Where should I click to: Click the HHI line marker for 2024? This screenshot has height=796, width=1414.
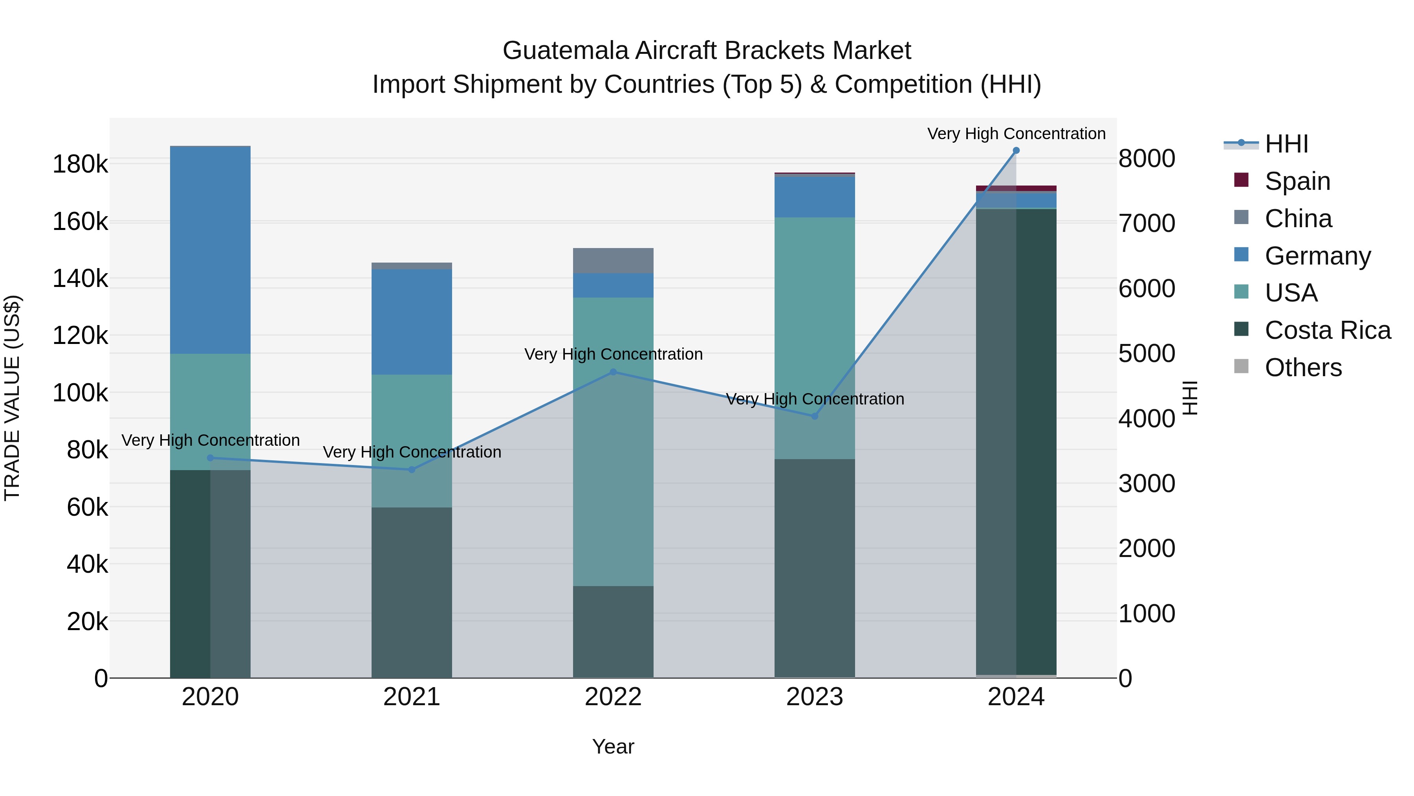point(1016,151)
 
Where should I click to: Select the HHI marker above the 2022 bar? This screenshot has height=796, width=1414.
point(613,372)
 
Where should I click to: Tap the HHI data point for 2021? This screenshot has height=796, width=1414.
point(412,470)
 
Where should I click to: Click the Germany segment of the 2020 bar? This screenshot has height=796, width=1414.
point(210,250)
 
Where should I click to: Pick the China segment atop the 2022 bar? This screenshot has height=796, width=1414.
point(613,260)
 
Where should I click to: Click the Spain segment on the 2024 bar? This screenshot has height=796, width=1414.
point(1016,188)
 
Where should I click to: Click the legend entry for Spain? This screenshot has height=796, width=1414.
point(1297,181)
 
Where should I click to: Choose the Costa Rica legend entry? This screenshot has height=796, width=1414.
point(1327,330)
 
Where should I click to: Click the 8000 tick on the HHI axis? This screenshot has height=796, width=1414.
point(1147,159)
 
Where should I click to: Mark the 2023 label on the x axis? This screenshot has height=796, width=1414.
point(815,697)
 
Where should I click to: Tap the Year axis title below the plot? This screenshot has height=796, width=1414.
point(613,746)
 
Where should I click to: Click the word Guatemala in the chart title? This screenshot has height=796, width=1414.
point(565,51)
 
